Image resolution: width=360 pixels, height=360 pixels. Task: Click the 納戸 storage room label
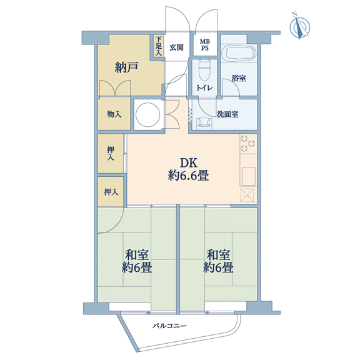pos(126,67)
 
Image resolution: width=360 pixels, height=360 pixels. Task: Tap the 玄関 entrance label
pos(176,47)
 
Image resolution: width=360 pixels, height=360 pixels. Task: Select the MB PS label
pos(204,45)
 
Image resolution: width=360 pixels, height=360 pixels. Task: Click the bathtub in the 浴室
pos(241,53)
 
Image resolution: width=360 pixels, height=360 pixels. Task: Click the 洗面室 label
pos(227,114)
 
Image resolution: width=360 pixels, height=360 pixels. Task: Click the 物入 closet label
pos(114,114)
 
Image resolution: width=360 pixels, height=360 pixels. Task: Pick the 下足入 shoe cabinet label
pos(158,47)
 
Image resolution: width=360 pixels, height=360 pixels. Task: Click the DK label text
pos(189,162)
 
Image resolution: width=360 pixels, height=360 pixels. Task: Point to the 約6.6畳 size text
pos(188,176)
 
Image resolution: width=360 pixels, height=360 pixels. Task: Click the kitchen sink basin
pos(249,176)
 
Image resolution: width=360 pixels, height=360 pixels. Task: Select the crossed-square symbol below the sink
pos(247,196)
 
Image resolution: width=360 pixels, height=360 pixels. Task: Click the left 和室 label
pos(136,254)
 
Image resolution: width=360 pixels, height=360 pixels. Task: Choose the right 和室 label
pos(218,254)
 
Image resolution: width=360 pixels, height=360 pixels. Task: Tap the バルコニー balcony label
pos(169,326)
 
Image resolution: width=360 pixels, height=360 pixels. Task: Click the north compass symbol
pos(299,27)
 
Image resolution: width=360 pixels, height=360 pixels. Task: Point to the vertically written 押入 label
pos(111,153)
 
